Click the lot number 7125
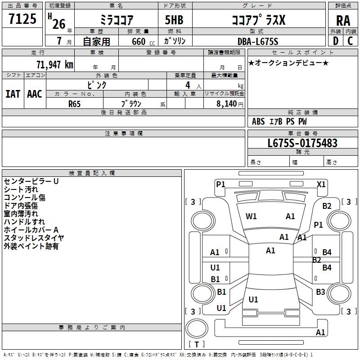pos(22,20)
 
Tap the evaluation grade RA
pos(343,21)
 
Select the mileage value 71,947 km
pos(54,64)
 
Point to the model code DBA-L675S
pos(258,41)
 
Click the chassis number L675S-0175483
pos(302,143)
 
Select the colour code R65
pos(75,103)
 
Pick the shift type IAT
pos(13,94)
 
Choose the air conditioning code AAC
pos(35,94)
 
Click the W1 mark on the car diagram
pos(251,216)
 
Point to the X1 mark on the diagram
pos(321,184)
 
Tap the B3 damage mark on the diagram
pos(320,292)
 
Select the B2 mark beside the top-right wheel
pos(327,206)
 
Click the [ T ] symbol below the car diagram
pos(197,344)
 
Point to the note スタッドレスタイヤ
pos(34,238)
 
